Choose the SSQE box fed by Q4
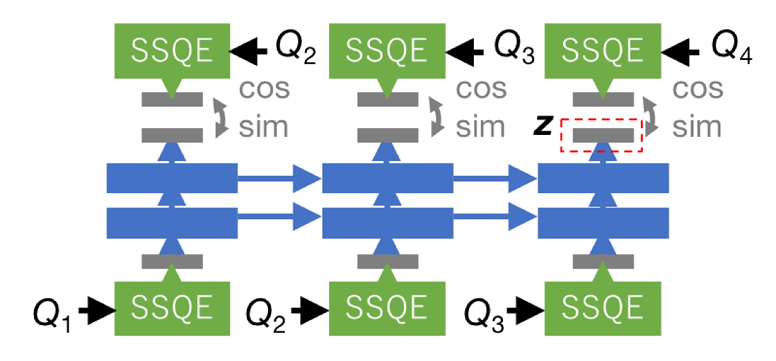pyautogui.click(x=602, y=50)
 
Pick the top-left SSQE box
pyautogui.click(x=172, y=50)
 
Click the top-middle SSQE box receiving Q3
pyautogui.click(x=387, y=50)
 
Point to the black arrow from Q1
pyautogui.click(x=97, y=311)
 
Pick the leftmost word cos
pyautogui.click(x=264, y=89)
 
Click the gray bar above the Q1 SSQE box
pyautogui.click(x=172, y=261)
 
